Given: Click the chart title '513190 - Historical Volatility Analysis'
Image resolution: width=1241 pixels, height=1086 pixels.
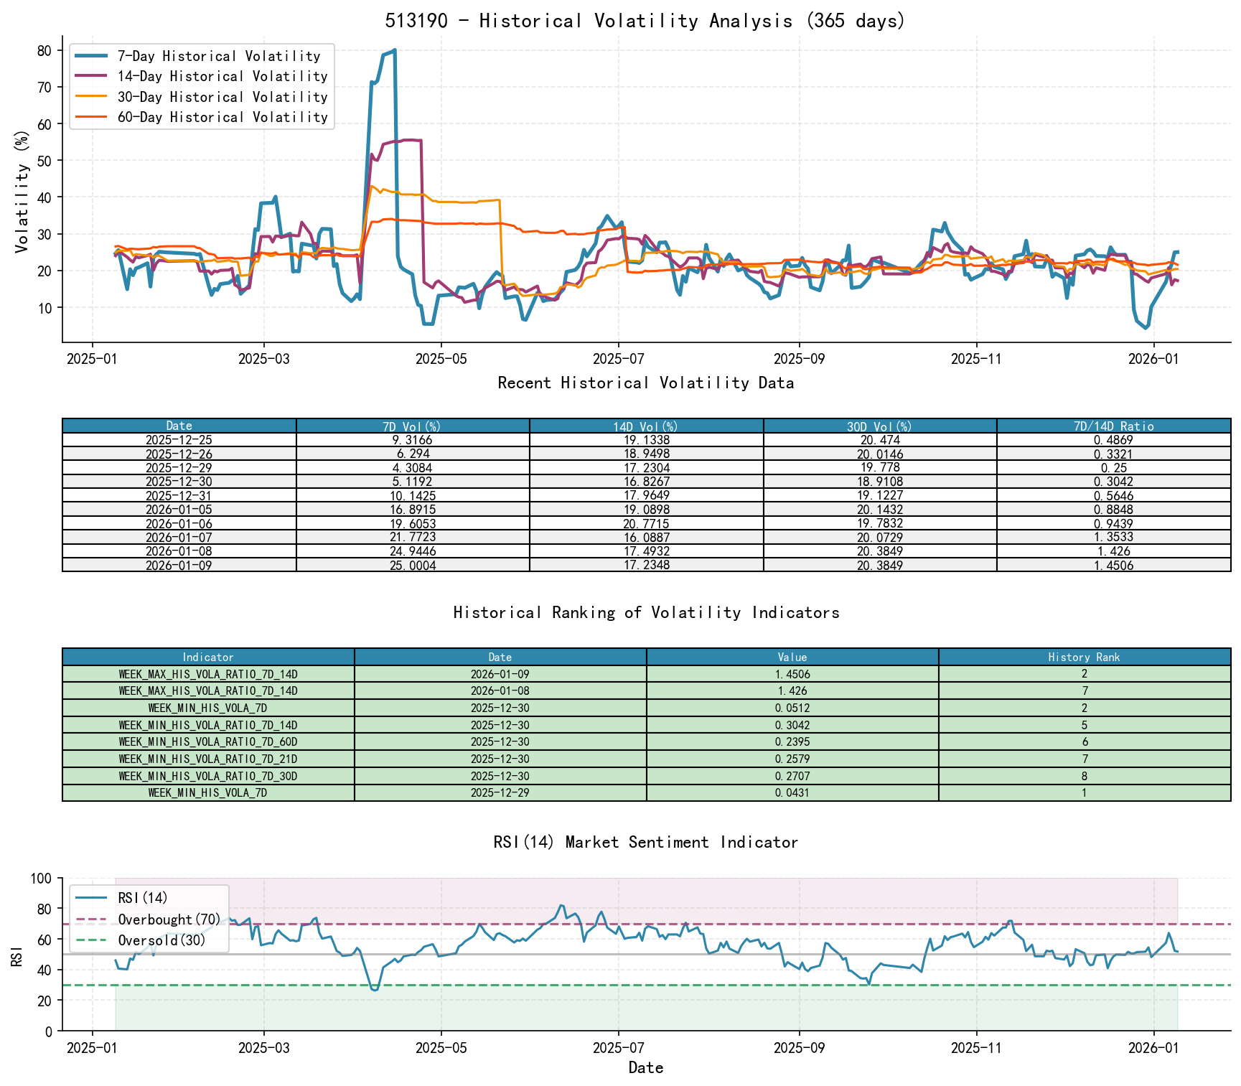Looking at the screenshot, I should click(x=645, y=21).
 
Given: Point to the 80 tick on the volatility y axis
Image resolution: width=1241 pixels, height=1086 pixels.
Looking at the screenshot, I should click(x=44, y=50).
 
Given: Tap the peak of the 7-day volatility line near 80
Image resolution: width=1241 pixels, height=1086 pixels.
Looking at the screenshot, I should click(x=394, y=50).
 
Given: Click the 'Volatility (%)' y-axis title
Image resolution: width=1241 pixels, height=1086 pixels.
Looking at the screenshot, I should click(x=22, y=191).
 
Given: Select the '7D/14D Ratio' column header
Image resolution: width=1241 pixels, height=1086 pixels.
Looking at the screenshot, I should click(x=1113, y=426).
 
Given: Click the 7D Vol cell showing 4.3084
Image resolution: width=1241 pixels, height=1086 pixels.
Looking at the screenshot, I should click(x=412, y=468).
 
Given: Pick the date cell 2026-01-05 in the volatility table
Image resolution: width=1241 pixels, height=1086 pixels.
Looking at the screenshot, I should click(x=179, y=510).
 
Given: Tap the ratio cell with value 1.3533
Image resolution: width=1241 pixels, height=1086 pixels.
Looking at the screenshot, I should click(x=1113, y=538).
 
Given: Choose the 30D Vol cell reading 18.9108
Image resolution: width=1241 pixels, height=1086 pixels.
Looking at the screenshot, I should click(x=879, y=482).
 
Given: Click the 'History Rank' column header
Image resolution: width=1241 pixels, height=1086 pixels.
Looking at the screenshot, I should click(x=1084, y=657).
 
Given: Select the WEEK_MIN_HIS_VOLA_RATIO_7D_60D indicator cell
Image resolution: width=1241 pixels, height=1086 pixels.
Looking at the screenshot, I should click(x=208, y=742).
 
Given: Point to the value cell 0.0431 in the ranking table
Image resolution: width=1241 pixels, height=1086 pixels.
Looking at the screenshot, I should click(x=792, y=793).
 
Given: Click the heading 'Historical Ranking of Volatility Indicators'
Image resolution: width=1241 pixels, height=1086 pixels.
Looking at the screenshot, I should click(x=646, y=612).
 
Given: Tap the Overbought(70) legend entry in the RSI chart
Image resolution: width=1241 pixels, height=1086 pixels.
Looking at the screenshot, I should click(x=169, y=919).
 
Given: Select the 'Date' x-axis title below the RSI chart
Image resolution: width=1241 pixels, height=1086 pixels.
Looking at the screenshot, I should click(x=645, y=1068).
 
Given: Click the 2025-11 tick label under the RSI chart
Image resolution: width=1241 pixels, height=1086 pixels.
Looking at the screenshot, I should click(x=975, y=1048).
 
